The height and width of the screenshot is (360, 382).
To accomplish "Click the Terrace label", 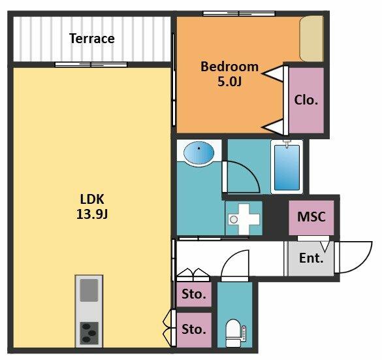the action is point(92,39).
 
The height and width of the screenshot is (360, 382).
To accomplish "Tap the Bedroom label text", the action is point(229,67).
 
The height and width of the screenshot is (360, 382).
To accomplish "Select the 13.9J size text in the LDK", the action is point(92,214).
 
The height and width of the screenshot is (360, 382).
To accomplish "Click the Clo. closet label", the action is point(306,100).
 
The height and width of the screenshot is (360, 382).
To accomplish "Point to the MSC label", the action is point(311,216).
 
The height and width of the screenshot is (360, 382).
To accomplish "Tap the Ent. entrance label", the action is point(311,258).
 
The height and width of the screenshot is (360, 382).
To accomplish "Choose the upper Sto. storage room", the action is point(194,294).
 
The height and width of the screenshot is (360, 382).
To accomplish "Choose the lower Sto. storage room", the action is point(194,330).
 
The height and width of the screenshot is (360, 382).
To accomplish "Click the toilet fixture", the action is point(236,333).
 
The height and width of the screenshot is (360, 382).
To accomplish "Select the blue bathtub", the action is point(287,167).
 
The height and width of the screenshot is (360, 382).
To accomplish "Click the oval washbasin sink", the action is point(199,153).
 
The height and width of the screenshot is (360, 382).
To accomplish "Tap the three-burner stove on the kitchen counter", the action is point(89,333).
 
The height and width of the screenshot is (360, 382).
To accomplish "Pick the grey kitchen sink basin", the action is point(89,290).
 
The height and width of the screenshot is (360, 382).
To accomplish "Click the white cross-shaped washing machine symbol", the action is point(244,219).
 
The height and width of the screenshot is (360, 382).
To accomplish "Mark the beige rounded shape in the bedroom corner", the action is point(311,39).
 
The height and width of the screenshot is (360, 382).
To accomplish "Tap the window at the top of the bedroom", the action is point(239,14).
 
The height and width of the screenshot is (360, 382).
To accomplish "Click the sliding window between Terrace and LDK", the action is point(91,65).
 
